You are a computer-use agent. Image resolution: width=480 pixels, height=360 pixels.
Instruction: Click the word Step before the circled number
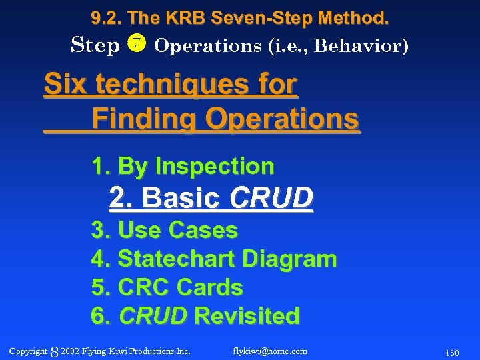tap(95, 45)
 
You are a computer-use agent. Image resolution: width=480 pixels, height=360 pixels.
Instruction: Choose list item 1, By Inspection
tap(183, 166)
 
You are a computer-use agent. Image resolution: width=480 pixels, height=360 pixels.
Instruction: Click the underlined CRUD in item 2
tap(271, 198)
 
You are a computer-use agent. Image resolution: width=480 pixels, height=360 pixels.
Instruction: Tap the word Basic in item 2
tap(181, 198)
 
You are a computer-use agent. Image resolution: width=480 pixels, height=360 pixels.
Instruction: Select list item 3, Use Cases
tap(164, 230)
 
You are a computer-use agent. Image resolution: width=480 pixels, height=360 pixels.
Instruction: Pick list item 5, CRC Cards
tap(167, 287)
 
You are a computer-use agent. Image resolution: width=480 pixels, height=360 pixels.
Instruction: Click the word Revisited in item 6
tap(246, 316)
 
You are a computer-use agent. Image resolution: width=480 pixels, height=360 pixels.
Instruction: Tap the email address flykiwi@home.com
tap(270, 351)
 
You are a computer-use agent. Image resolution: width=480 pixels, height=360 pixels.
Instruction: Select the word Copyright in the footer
tap(29, 351)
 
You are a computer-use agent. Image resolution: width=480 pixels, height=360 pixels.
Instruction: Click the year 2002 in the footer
tap(69, 351)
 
